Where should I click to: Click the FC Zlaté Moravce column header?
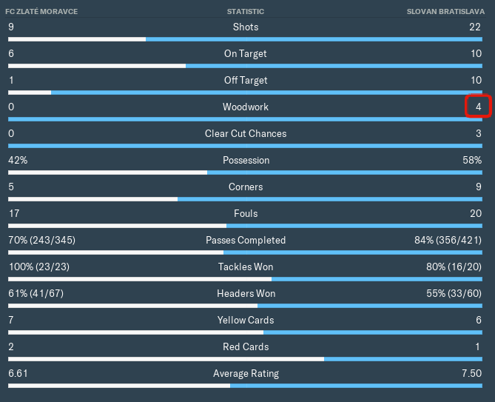(x=41, y=12)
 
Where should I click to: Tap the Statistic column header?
(x=246, y=12)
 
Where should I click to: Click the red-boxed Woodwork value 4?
(x=478, y=107)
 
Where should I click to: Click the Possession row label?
(x=246, y=161)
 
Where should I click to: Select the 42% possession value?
(x=18, y=161)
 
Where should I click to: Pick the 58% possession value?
(x=472, y=161)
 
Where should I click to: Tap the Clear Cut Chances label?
(x=246, y=134)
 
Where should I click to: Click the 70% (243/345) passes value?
(x=41, y=241)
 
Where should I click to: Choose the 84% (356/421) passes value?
(x=448, y=241)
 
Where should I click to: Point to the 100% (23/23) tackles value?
(x=38, y=267)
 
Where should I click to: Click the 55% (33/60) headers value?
(x=452, y=294)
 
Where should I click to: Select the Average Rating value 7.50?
(x=471, y=374)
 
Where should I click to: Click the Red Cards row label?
(x=246, y=347)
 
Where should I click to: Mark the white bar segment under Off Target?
(x=30, y=93)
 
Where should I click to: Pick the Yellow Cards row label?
(x=246, y=321)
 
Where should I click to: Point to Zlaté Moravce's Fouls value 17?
(x=14, y=214)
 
